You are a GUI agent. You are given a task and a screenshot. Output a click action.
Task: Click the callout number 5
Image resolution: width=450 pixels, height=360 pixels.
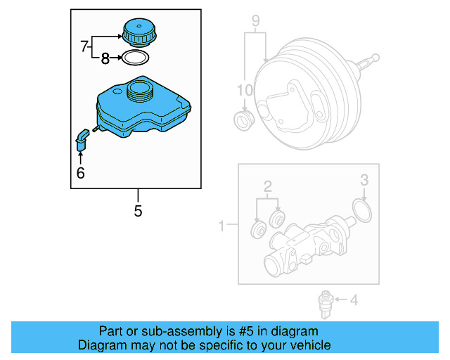coord(138,210)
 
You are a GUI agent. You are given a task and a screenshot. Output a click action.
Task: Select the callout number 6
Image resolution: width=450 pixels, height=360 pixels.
coord(80,173)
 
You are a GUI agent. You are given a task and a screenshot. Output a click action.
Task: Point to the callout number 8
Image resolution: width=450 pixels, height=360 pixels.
coord(105,59)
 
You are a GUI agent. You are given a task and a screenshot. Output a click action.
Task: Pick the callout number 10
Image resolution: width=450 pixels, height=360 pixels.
coord(244,90)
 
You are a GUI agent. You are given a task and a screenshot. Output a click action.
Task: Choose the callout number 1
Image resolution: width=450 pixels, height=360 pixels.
coord(222,226)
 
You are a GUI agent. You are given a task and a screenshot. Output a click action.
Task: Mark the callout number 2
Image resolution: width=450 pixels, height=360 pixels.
coord(267,186)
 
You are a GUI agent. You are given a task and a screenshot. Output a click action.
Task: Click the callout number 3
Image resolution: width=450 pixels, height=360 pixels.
coord(364,180)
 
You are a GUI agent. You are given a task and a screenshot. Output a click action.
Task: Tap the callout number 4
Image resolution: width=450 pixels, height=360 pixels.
coord(354,301)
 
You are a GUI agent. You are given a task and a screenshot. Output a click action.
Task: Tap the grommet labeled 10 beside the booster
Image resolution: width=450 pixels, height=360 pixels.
coord(244,120)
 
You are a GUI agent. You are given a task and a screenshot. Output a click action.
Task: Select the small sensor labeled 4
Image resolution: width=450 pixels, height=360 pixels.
coord(326,302)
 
